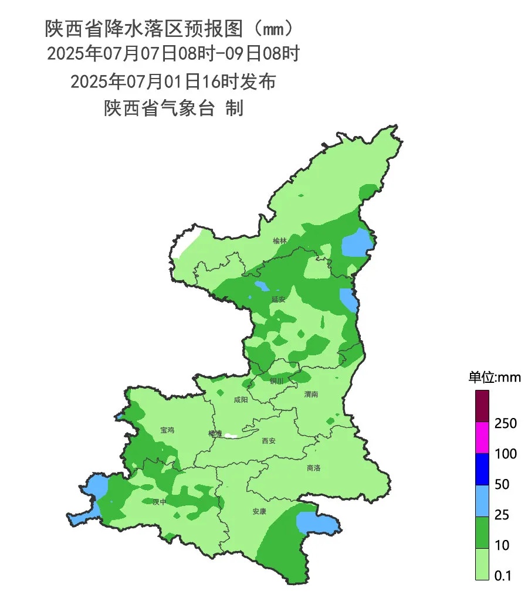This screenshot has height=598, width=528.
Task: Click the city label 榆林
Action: click(x=280, y=241)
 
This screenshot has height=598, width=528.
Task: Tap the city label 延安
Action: click(x=278, y=299)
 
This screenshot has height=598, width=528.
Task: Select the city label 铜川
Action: click(x=276, y=381)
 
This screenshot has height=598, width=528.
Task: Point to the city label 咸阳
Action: click(x=241, y=400)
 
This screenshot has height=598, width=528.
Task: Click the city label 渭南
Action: click(x=311, y=395)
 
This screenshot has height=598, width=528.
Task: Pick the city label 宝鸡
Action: click(x=167, y=430)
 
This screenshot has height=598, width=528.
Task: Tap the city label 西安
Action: click(x=268, y=440)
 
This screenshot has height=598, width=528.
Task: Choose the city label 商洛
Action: click(x=314, y=468)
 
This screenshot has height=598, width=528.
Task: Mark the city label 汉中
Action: click(x=160, y=502)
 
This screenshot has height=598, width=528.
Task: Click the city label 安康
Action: click(x=259, y=511)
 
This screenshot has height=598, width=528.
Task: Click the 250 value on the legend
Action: click(x=505, y=423)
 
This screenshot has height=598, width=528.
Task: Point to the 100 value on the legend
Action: click(x=505, y=454)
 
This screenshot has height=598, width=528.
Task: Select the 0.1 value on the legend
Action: click(x=503, y=576)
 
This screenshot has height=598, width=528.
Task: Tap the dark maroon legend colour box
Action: click(x=482, y=406)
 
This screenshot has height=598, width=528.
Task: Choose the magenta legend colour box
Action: click(x=482, y=437)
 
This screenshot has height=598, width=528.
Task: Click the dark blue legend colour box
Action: click(x=482, y=469)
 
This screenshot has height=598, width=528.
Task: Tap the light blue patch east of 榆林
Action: click(x=356, y=243)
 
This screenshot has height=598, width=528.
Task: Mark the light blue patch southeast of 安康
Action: click(x=316, y=522)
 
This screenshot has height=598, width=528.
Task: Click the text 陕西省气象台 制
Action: click(x=173, y=108)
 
